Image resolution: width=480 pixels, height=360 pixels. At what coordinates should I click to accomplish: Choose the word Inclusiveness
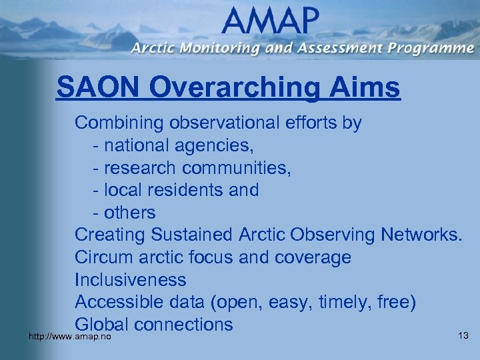click(x=131, y=280)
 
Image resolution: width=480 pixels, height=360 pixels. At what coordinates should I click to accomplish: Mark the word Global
click(x=101, y=325)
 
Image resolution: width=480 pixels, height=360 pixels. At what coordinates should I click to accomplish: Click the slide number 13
click(x=464, y=335)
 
